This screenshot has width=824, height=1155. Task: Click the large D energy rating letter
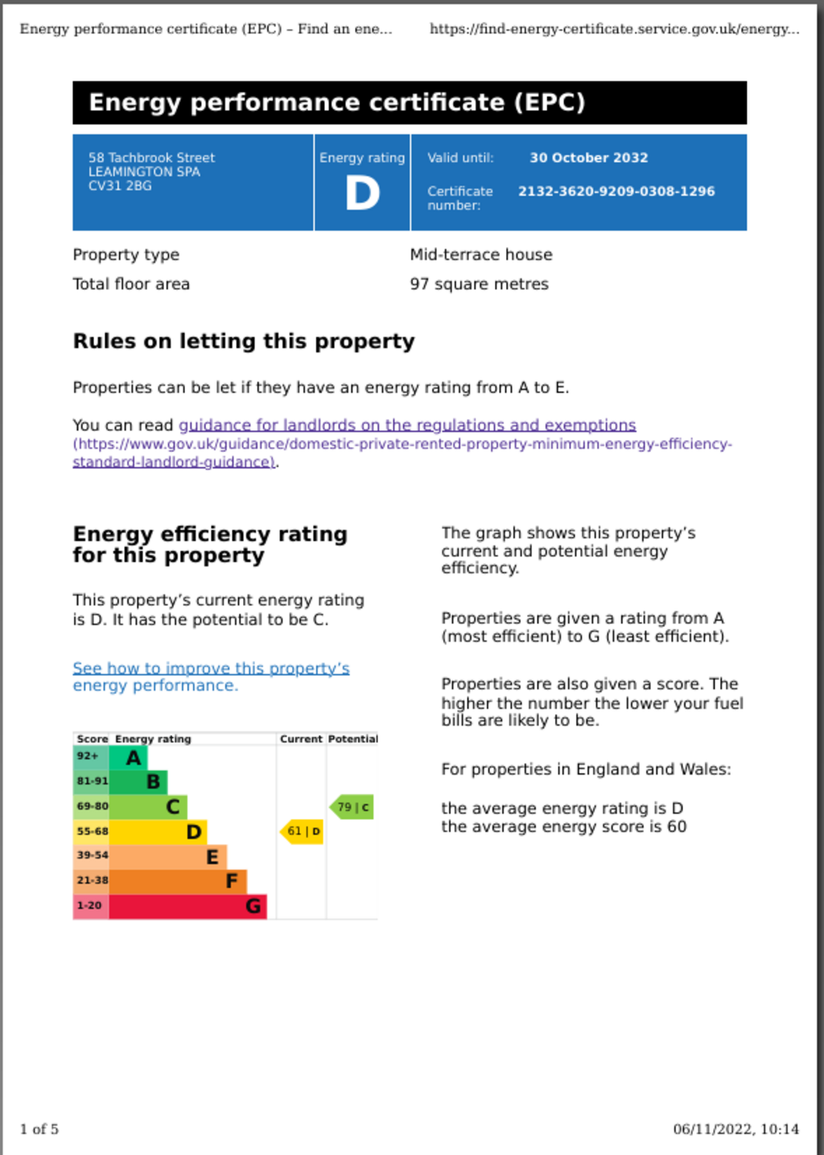point(362,193)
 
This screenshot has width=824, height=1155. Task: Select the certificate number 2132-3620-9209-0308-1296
point(616,191)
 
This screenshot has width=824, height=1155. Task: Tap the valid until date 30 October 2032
point(588,158)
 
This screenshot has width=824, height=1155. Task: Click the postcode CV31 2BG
point(120,186)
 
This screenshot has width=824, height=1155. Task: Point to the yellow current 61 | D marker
point(303,832)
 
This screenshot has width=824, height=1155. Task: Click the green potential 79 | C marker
point(352,807)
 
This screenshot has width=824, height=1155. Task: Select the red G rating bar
point(187,906)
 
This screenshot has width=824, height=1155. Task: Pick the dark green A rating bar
point(128,757)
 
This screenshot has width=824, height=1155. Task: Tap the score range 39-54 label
point(92,855)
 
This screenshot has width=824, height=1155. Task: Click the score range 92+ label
point(88,756)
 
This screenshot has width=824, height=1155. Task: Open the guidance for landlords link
point(406,425)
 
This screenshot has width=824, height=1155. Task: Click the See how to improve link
point(211,668)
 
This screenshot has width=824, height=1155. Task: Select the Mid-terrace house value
point(481,255)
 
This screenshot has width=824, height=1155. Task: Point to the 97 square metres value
point(479,284)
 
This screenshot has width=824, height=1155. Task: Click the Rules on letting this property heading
point(244,341)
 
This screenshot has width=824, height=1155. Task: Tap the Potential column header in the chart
point(352,738)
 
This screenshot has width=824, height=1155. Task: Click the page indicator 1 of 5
point(39,1129)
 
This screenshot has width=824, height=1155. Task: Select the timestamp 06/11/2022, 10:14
point(735,1129)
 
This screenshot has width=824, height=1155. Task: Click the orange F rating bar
point(177,881)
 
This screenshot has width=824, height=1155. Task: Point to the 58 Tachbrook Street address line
point(151,158)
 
